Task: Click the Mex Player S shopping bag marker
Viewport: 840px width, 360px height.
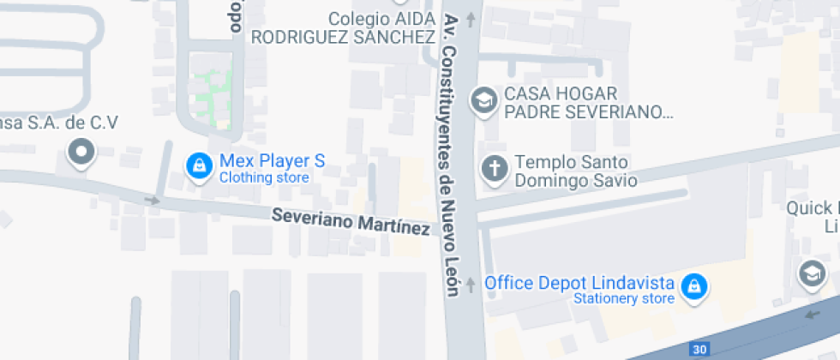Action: (199, 166)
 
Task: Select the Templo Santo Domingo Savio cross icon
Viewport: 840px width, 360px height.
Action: (495, 168)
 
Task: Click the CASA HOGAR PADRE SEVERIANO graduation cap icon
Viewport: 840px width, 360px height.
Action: (484, 100)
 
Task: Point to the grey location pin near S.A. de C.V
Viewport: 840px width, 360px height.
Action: (82, 153)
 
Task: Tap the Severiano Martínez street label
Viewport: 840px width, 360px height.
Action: (351, 222)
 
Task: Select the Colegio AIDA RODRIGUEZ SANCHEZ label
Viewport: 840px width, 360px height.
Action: (343, 27)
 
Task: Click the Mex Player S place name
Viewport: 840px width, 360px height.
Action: (273, 160)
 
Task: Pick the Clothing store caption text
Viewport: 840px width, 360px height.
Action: (264, 178)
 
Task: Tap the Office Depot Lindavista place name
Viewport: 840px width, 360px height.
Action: (579, 282)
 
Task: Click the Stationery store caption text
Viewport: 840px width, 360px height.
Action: (624, 299)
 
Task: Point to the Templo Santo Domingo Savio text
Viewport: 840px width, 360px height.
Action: (576, 171)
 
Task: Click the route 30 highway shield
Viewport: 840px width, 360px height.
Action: (700, 350)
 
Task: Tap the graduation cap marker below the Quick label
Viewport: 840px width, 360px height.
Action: (811, 273)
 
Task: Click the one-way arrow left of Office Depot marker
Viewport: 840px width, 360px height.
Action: (470, 285)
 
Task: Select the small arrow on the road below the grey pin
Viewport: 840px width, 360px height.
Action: (152, 201)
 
